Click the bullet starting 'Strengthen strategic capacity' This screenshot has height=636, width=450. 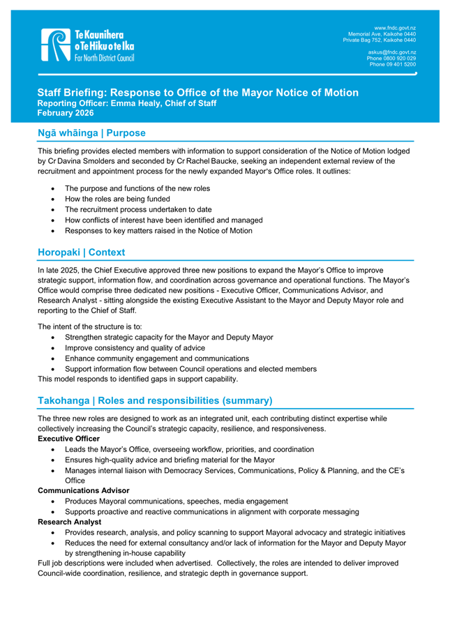tap(168, 337)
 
